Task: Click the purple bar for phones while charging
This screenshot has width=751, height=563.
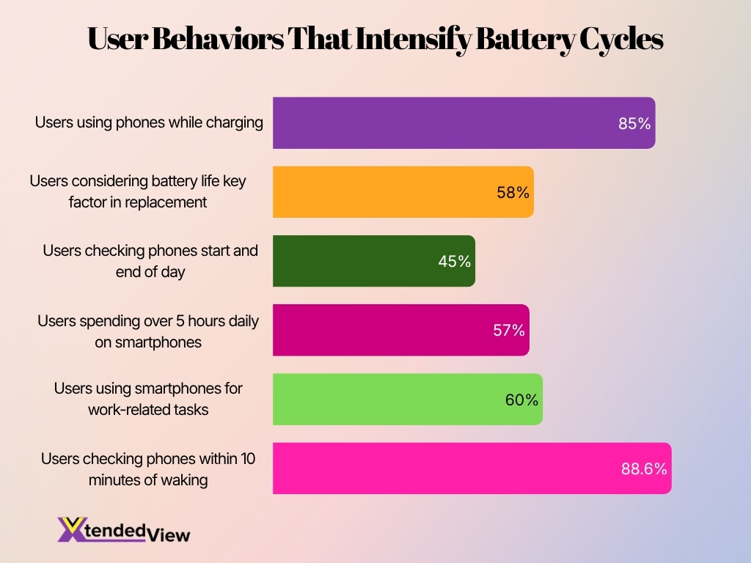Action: point(440,123)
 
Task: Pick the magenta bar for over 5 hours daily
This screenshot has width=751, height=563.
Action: point(381,330)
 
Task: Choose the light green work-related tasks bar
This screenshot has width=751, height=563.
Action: point(389,400)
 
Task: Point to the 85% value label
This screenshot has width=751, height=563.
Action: point(634,124)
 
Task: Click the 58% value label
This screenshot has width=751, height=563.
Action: point(513,193)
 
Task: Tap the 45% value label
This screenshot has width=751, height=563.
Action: point(454,262)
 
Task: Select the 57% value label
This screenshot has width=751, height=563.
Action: point(508,331)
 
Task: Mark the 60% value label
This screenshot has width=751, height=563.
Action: point(521,400)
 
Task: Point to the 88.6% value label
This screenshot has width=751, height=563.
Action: point(644,469)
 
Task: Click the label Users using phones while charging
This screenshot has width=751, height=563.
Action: point(149,122)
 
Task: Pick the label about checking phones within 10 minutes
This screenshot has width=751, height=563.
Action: point(148,470)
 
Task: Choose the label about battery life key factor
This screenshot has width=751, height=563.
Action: point(138,191)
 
